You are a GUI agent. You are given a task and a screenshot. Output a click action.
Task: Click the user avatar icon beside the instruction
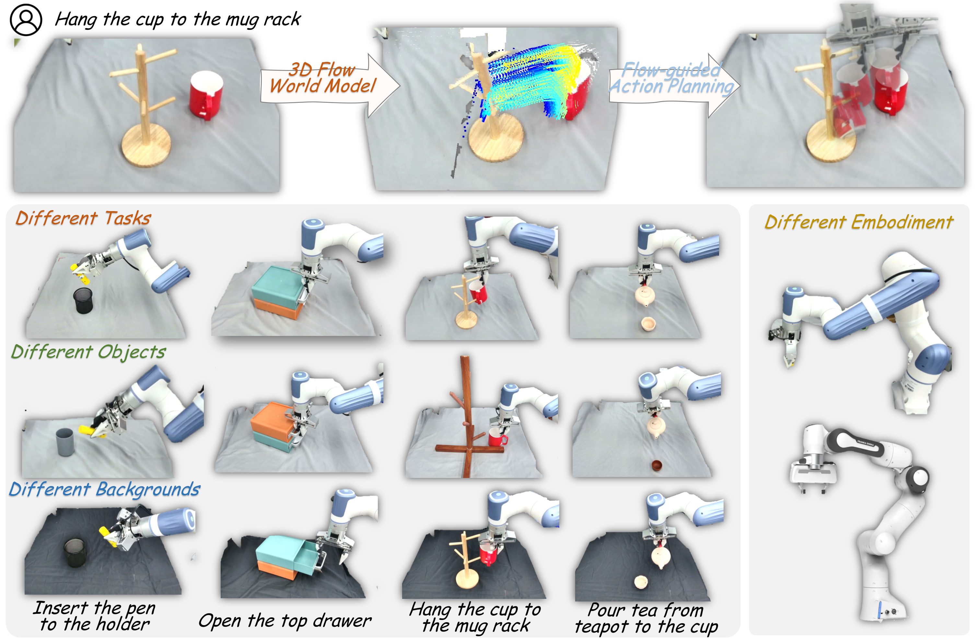[x=26, y=20]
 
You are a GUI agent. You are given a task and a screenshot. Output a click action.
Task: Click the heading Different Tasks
[x=83, y=218]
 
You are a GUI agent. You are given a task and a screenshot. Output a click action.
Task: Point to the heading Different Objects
[x=88, y=352]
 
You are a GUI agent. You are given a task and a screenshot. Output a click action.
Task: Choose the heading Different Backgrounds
[x=105, y=489]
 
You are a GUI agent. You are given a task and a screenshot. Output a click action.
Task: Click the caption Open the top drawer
[x=285, y=621]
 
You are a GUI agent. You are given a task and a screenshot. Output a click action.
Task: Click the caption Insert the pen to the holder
[x=95, y=616]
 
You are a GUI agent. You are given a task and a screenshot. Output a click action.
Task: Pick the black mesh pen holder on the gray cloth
[x=83, y=301]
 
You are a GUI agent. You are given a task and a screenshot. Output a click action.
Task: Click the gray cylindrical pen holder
[x=65, y=442]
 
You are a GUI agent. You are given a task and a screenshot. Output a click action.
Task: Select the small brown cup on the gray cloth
[x=656, y=466]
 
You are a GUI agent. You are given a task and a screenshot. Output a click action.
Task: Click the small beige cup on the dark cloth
[x=641, y=582]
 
